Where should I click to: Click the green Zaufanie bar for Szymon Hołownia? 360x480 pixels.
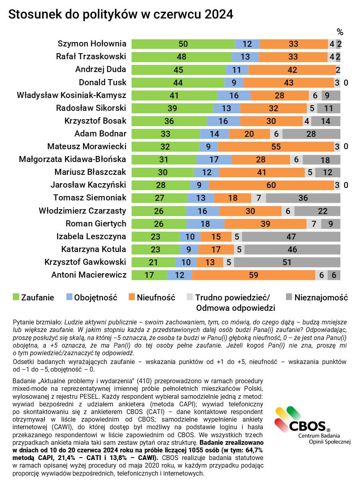(x=183, y=44)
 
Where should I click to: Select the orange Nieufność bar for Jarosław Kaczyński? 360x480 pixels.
(x=271, y=185)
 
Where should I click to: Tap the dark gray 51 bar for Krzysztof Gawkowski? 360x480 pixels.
(x=287, y=262)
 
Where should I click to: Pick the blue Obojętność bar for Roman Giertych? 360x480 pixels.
(x=206, y=224)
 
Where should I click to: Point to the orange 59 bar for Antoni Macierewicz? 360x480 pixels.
(x=254, y=275)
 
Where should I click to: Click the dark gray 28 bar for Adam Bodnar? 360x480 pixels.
(x=311, y=134)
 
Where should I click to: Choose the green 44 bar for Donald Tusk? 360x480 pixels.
(x=178, y=83)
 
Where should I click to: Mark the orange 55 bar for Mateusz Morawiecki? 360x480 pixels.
(x=276, y=146)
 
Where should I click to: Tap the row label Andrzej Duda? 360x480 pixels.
(x=101, y=70)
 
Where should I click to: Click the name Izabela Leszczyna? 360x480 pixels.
(x=91, y=236)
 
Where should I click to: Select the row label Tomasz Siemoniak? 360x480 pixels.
(x=90, y=198)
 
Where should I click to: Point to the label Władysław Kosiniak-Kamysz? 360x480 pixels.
(x=72, y=95)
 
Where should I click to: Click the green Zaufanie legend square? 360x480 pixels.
(x=16, y=297)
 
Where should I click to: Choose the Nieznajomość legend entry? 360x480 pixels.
(x=317, y=298)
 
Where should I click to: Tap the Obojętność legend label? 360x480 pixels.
(x=96, y=298)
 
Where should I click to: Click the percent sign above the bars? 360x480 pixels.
(x=340, y=32)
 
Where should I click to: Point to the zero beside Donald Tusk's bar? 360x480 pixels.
(x=346, y=83)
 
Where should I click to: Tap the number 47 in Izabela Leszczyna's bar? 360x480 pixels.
(x=291, y=237)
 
